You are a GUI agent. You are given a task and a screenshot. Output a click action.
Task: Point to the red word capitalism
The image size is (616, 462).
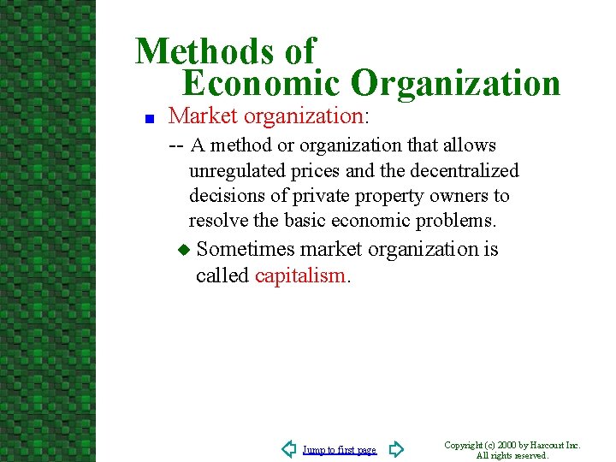pyautogui.click(x=299, y=275)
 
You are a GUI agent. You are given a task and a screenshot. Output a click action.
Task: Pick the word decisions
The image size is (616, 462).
pyautogui.click(x=222, y=196)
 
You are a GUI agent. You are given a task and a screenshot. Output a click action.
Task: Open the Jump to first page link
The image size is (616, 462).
pyautogui.click(x=339, y=450)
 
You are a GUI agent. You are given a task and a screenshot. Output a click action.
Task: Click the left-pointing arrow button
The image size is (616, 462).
pyautogui.click(x=289, y=448)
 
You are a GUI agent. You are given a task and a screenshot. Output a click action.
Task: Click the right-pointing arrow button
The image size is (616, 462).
pyautogui.click(x=395, y=448)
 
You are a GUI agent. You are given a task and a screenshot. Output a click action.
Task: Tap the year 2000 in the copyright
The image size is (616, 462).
pyautogui.click(x=505, y=445)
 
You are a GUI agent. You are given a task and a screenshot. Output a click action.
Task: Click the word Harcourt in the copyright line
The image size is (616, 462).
pyautogui.click(x=546, y=445)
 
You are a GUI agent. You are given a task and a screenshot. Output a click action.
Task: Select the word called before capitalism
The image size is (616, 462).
pyautogui.click(x=222, y=275)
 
